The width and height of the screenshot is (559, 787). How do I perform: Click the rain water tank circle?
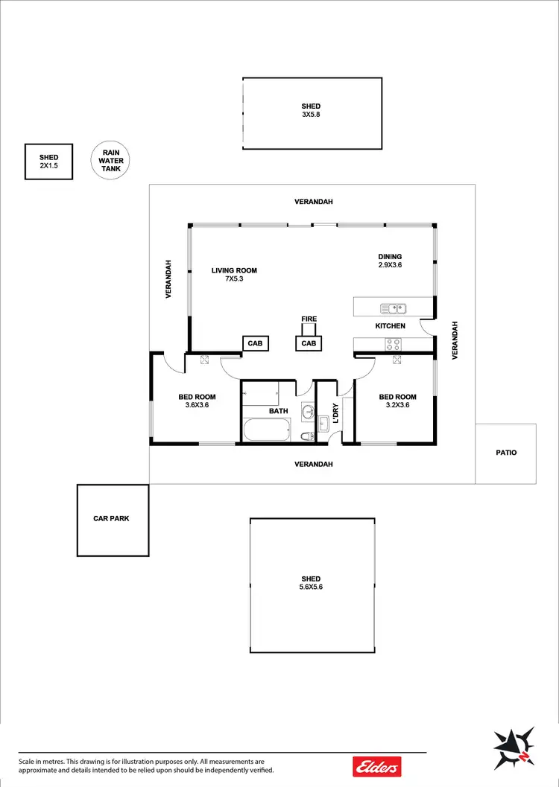click(111, 161)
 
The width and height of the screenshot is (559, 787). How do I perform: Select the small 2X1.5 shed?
click(48, 162)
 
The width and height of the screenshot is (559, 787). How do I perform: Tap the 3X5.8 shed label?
click(311, 111)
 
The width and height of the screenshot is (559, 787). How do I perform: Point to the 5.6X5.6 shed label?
click(311, 583)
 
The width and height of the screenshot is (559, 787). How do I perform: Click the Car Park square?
click(113, 520)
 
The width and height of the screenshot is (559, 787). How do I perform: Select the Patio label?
click(505, 453)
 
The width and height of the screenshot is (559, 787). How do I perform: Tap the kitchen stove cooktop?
click(393, 344)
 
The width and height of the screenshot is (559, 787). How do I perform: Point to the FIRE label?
click(309, 319)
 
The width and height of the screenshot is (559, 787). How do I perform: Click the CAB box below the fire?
click(309, 343)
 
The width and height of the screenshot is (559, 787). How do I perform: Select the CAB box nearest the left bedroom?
click(255, 343)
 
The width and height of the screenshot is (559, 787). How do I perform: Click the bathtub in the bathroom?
click(266, 430)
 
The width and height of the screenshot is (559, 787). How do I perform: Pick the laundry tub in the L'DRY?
click(323, 424)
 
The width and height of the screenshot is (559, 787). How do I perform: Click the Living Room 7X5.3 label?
click(234, 275)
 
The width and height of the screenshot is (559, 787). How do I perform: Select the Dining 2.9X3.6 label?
click(391, 261)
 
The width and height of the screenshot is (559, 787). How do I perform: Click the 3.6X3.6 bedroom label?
click(197, 401)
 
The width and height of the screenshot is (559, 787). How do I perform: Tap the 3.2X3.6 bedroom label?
click(397, 401)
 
